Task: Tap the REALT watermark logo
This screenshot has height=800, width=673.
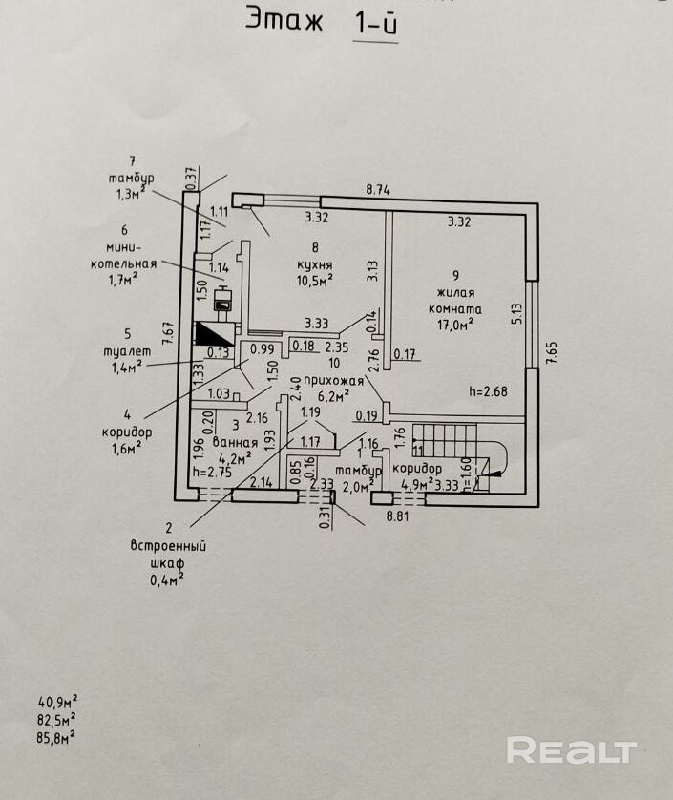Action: pos(571,750)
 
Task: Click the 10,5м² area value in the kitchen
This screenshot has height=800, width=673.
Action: pos(313,280)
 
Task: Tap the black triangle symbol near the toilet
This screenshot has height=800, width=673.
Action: pos(215,334)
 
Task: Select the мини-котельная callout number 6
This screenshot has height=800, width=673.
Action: pos(125,229)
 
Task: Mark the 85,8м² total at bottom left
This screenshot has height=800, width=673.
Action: pos(57,736)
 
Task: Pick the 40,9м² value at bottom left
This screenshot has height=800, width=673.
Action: pos(57,702)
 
